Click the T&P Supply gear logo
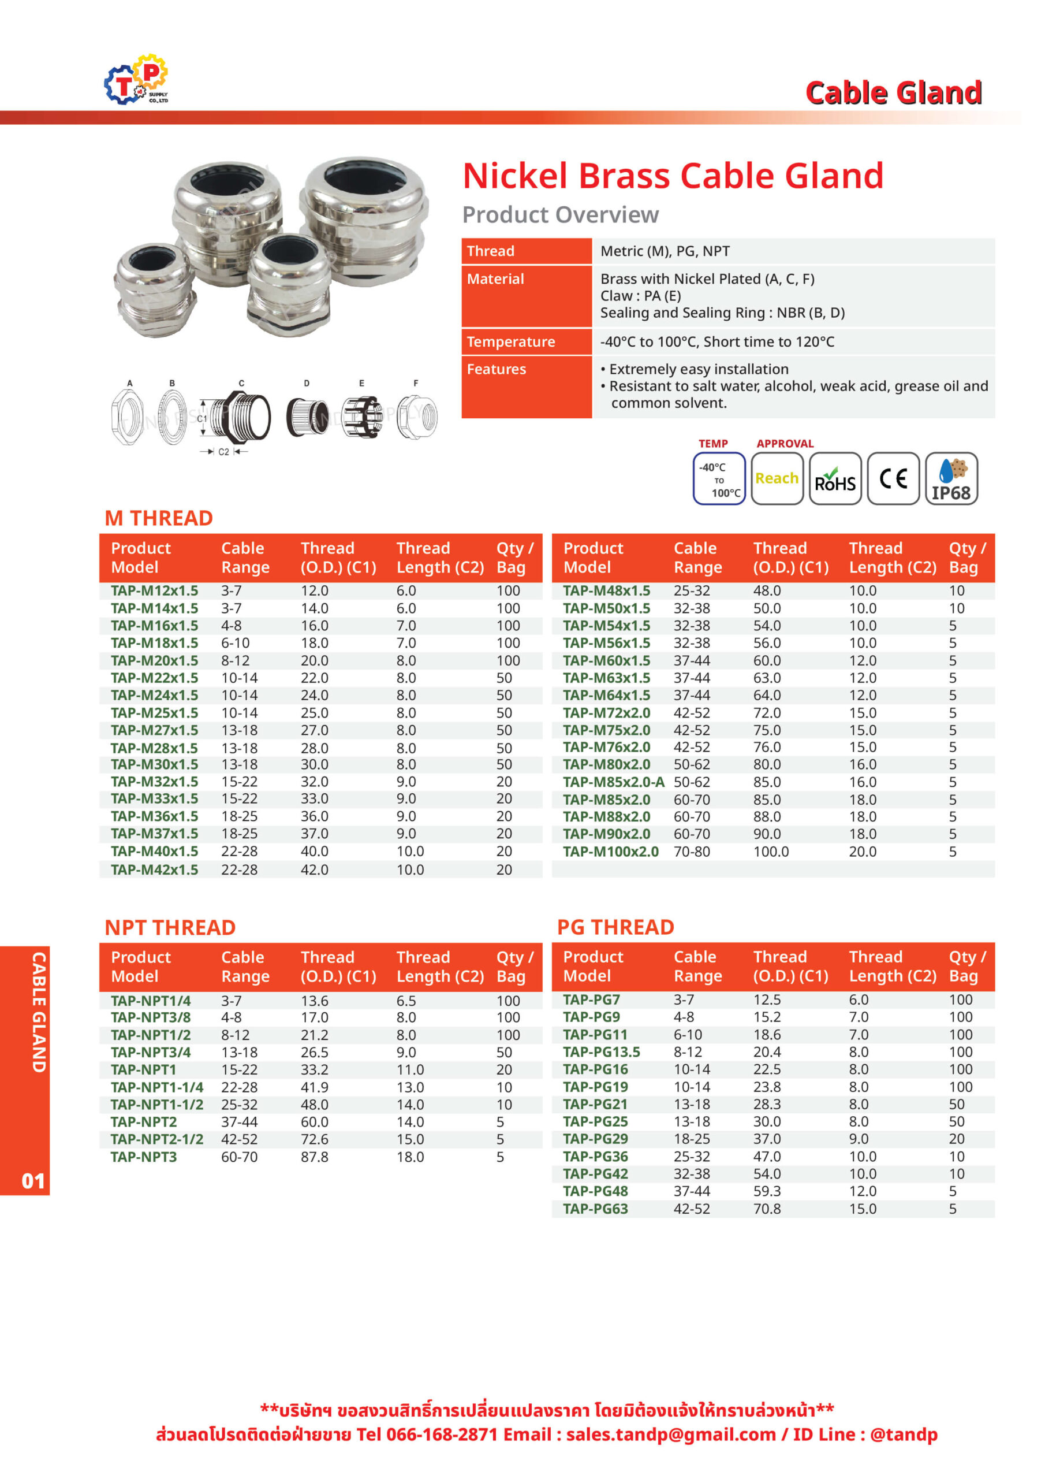coord(136,79)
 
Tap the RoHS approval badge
coord(834,478)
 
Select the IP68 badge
coord(951,478)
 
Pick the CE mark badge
coord(893,478)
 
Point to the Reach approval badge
coord(777,478)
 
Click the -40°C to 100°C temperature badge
coord(719,478)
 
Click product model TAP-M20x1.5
coord(155,660)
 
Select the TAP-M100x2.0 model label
coord(610,852)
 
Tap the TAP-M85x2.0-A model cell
coord(613,782)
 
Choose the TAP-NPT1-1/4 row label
coord(156,1087)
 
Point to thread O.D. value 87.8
coord(314,1157)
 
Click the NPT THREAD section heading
coord(170,928)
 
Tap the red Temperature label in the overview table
coord(510,342)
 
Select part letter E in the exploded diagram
coord(361,383)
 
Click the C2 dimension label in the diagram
coord(223,452)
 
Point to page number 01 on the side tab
coord(33,1181)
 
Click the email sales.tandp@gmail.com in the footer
coord(671,1435)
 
